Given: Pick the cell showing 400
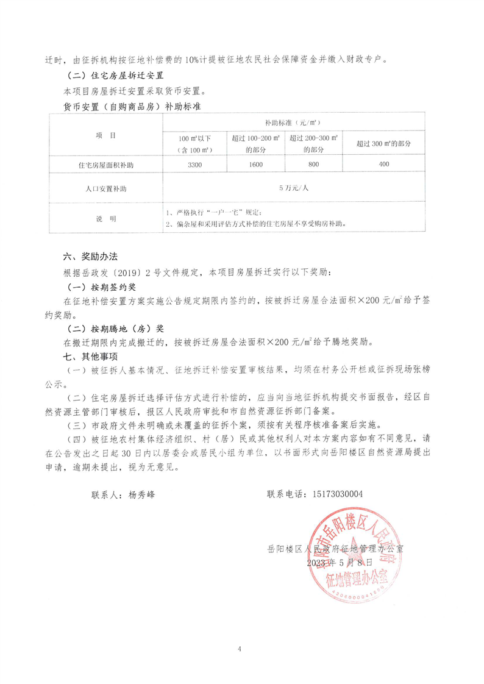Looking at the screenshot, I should [383, 165].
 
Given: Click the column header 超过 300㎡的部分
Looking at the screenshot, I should [383, 143].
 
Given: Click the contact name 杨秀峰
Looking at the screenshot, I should [142, 495].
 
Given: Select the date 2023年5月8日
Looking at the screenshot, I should [340, 562].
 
